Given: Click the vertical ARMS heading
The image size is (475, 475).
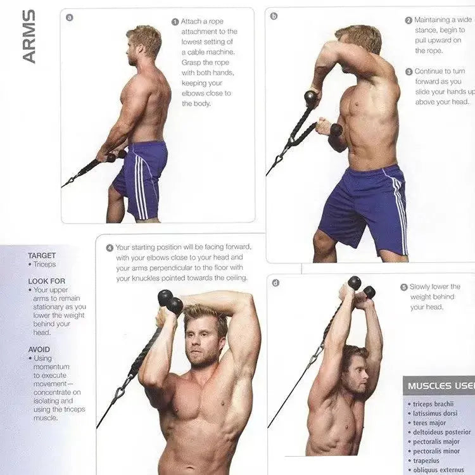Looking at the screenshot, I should coord(28,37).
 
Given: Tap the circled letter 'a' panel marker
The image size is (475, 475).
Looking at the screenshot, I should coord(69,17).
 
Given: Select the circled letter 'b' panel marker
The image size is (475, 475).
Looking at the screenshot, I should coord(274,16).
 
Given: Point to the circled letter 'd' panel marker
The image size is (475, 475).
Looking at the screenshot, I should coord(275,282).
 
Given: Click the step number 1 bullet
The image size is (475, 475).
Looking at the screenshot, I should coord(175,22).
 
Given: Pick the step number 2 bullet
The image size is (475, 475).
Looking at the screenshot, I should coord(408,20).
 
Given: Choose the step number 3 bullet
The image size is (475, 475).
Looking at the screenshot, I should coord(408,72).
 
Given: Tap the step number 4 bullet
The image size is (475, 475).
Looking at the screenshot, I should coord(110,248).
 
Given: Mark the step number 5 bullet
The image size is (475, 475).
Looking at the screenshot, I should coord(403,287).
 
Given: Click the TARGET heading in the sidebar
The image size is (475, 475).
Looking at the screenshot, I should coord(42,256).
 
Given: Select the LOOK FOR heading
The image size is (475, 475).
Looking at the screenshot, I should coord(46,281).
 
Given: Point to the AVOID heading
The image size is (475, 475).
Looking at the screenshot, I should coord(39,349).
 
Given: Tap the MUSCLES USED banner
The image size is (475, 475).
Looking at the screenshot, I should coord(438,385).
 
